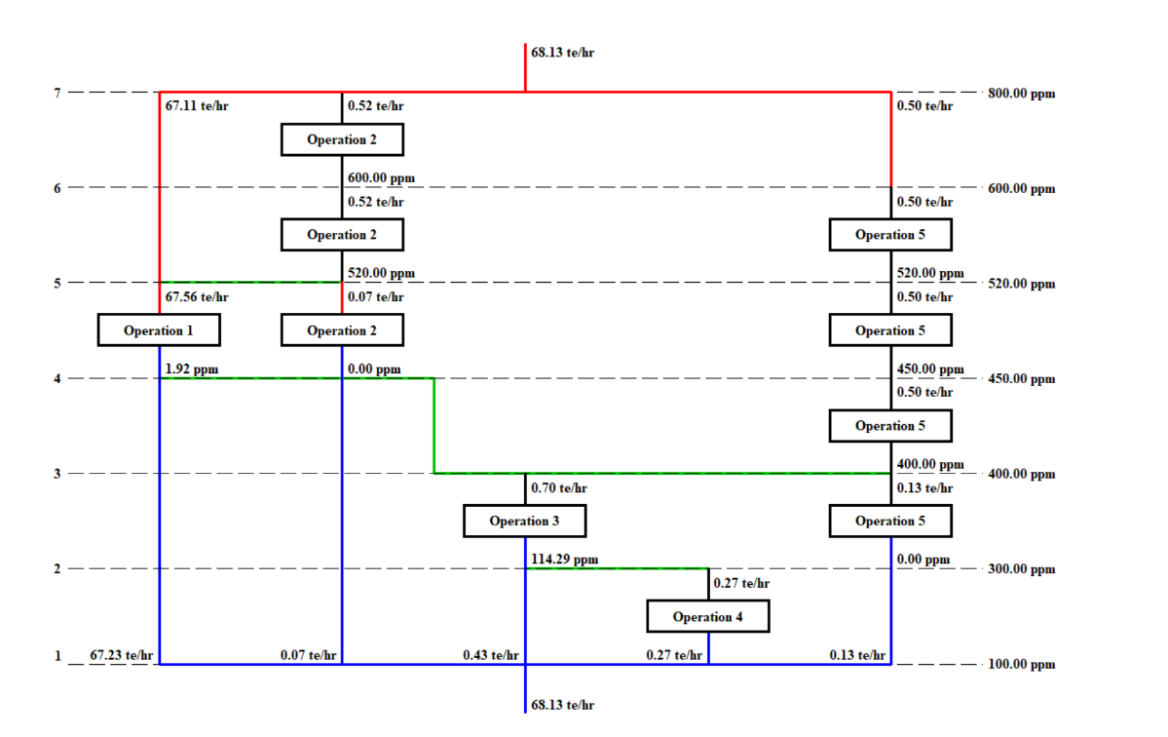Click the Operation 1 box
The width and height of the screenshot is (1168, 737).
[x=159, y=330]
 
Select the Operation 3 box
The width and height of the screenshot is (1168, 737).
[x=524, y=521]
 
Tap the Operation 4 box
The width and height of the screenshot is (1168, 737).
[x=708, y=616]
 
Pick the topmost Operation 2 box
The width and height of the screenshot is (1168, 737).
[x=342, y=139]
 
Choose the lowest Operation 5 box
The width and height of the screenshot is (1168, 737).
[x=890, y=521]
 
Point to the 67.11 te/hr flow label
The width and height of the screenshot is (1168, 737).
[x=191, y=105]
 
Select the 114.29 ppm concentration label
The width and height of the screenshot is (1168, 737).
[x=565, y=560]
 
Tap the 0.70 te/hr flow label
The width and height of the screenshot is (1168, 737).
[x=559, y=487]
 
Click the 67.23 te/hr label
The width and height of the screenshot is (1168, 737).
[x=122, y=655]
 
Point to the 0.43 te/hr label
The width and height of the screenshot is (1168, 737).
[x=491, y=655]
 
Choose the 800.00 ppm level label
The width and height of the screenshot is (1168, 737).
[x=1021, y=94]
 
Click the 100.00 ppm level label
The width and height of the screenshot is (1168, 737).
[x=1021, y=665]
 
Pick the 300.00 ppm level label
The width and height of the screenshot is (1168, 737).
[x=1021, y=569]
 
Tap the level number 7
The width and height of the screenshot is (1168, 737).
[x=57, y=93]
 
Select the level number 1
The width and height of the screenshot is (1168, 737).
[x=57, y=655]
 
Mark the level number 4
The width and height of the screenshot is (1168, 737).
[x=57, y=378]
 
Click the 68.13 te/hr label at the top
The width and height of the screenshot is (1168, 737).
[x=563, y=52]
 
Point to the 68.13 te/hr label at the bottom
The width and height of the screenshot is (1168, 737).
[x=563, y=704]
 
